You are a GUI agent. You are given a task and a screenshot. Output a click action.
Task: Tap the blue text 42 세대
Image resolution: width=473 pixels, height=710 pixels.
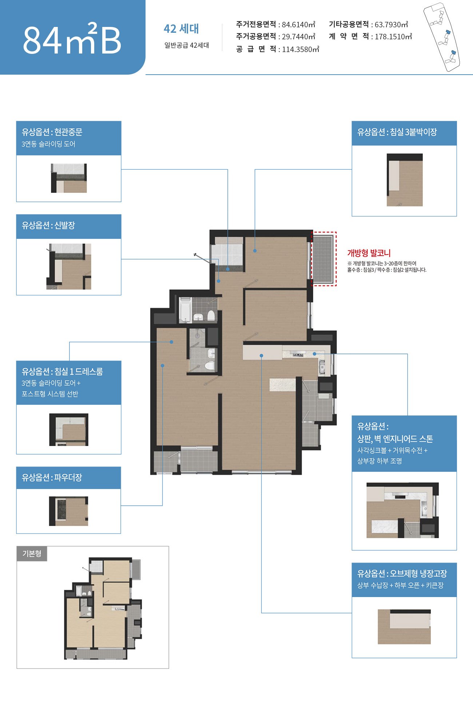[x=181, y=29]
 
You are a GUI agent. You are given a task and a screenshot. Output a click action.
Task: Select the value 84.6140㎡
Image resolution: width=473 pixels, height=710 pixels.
[x=298, y=24]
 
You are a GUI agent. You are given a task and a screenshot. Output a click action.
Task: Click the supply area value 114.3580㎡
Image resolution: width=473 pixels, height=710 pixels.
[x=301, y=49]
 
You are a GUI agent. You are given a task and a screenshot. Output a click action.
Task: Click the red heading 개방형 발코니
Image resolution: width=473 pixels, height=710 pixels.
[x=369, y=253]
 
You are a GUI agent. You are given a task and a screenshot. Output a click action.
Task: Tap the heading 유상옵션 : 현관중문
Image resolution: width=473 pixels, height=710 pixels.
[x=52, y=132]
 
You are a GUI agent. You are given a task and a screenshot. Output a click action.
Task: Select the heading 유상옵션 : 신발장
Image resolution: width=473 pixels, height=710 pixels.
[x=48, y=225]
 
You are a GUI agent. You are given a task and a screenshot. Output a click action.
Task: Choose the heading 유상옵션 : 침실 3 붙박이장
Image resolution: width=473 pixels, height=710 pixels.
[x=397, y=132]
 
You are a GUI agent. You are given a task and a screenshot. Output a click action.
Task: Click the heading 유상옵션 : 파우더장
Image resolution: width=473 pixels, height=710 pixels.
[x=52, y=477]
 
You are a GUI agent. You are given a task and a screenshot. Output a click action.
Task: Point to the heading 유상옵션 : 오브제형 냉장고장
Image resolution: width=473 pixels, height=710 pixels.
[x=402, y=573]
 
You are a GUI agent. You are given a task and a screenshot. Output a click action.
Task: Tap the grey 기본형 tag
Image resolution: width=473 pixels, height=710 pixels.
[x=32, y=553]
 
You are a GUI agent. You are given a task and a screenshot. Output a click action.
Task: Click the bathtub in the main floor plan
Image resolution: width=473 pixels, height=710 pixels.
[x=186, y=310]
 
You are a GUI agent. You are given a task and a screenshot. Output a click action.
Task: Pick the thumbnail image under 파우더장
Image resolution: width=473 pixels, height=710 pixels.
[x=69, y=511]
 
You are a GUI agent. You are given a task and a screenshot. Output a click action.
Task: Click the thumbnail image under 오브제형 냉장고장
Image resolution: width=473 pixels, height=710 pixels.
[x=404, y=627]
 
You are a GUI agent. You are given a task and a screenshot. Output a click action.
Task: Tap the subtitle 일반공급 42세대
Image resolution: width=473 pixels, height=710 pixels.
[x=187, y=45]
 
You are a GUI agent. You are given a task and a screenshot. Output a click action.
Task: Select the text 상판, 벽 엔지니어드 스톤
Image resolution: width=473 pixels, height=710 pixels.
[x=395, y=439]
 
